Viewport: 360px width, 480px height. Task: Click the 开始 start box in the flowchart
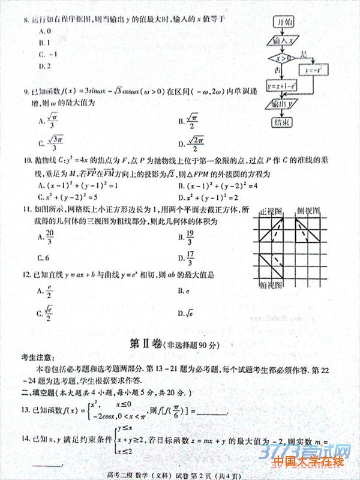[284, 22]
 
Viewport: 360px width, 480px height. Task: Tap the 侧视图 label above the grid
[308, 212]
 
